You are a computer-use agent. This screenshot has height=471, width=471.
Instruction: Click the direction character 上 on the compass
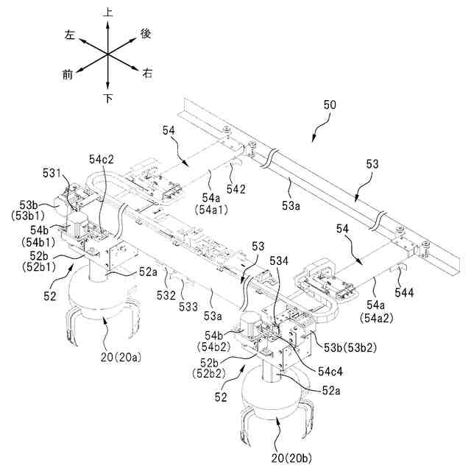pyautogui.click(x=108, y=13)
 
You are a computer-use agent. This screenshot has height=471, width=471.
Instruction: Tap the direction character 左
pyautogui.click(x=71, y=35)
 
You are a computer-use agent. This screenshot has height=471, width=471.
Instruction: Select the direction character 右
pyautogui.click(x=147, y=74)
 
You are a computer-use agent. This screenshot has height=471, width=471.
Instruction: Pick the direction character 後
pyautogui.click(x=145, y=33)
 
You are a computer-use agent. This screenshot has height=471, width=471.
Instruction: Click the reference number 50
pyautogui.click(x=330, y=106)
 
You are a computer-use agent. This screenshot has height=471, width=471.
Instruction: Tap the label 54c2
pyautogui.click(x=102, y=158)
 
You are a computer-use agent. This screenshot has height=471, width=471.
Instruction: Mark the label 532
pyautogui.click(x=165, y=295)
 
